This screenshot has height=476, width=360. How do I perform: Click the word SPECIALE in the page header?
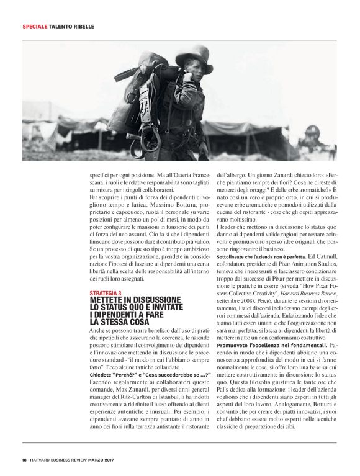(x=34, y=27)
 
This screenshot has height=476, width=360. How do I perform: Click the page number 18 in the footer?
(x=24, y=460)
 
